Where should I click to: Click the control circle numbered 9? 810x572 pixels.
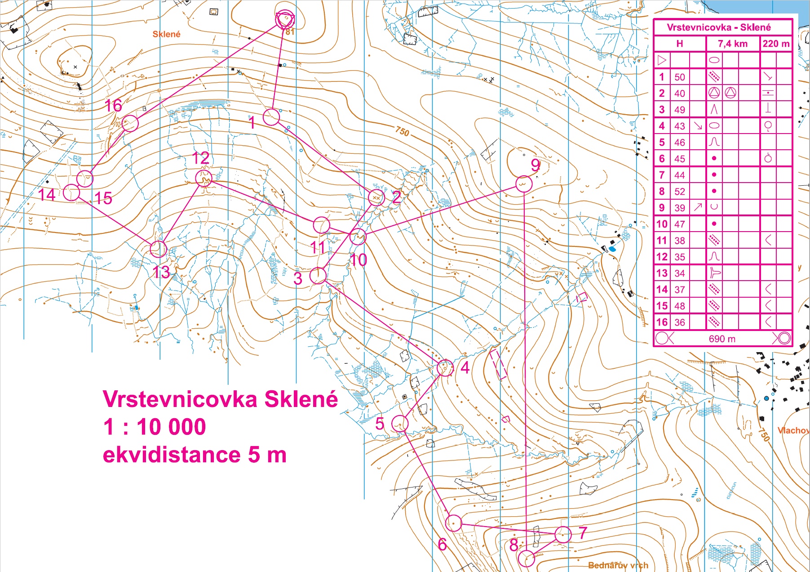click(524, 183)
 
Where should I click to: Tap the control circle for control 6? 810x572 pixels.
click(453, 523)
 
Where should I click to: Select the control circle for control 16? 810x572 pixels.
click(130, 123)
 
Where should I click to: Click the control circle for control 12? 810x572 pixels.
click(204, 178)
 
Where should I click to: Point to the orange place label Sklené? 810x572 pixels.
click(166, 34)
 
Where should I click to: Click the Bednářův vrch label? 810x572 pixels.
click(618, 565)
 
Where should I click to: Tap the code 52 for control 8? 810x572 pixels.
click(680, 192)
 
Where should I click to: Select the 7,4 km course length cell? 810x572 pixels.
click(732, 44)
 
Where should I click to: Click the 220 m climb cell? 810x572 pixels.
click(776, 44)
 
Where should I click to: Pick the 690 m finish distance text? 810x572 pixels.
click(722, 339)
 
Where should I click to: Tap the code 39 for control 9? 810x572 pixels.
click(680, 208)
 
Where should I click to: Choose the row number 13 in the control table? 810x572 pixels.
click(661, 273)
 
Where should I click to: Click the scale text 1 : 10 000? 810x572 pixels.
click(155, 426)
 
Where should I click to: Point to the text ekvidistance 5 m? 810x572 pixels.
click(195, 455)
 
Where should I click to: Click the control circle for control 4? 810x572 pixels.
click(445, 368)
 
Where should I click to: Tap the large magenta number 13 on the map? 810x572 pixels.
click(161, 272)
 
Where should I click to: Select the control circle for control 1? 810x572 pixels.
click(271, 117)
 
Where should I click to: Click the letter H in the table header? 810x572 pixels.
click(679, 44)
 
